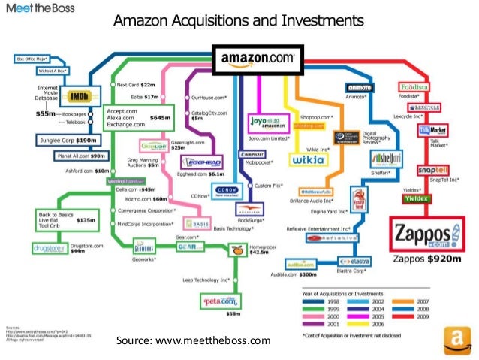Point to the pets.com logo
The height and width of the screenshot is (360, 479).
point(218,301)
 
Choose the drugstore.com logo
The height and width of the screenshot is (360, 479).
point(49,249)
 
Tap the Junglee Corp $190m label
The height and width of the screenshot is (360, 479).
point(66,141)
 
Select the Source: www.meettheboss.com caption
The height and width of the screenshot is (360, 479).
point(193,342)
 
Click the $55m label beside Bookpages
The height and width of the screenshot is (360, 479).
point(47,114)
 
